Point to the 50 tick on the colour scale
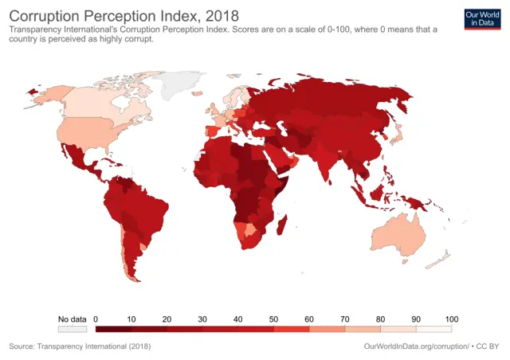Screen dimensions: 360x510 (x=273, y=319)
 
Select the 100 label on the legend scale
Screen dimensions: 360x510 (x=451, y=319)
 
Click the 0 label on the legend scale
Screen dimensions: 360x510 (x=96, y=319)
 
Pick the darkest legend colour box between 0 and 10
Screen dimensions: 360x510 (x=113, y=327)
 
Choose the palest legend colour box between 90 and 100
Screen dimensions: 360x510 (x=433, y=327)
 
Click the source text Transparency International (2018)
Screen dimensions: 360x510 (x=79, y=346)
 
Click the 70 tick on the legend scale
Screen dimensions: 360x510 (x=344, y=319)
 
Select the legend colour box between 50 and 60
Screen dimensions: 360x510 (x=291, y=327)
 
